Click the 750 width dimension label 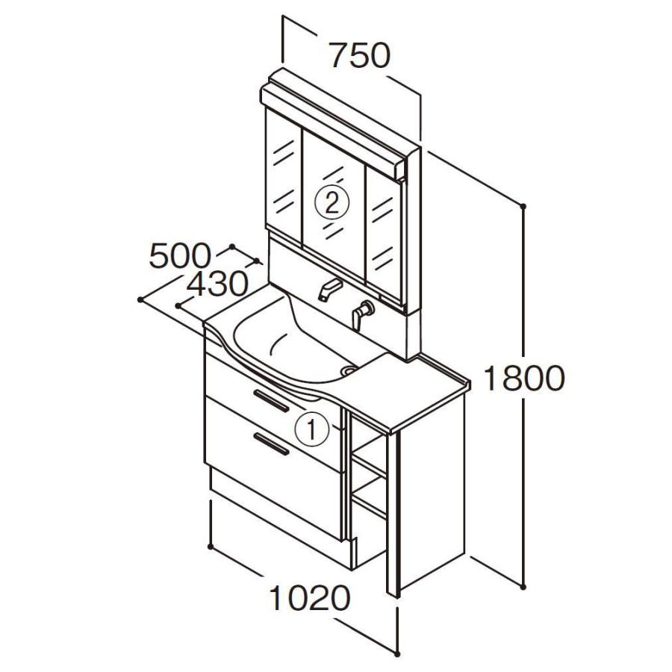[x=360, y=55]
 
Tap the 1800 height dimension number [x=523, y=379]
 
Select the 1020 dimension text [x=310, y=598]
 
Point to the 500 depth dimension [x=180, y=256]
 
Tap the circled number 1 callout [x=311, y=429]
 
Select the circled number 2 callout [x=332, y=204]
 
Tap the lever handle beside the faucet [x=362, y=315]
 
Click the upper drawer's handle [x=271, y=401]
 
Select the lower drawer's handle [x=271, y=444]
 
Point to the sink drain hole [x=349, y=370]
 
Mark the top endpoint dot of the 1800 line [x=523, y=206]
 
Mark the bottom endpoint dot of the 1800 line [x=523, y=587]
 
